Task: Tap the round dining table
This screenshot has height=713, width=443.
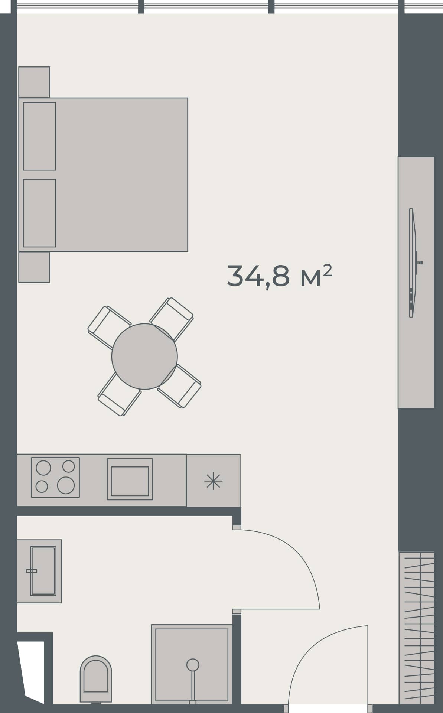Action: point(144,356)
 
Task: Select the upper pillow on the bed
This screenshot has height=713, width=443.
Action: point(39,136)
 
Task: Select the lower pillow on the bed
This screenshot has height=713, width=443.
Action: point(39,213)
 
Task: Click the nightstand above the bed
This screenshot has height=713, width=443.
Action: point(34,82)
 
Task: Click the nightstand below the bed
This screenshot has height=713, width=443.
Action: point(34,267)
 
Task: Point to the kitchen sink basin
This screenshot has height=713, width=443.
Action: point(130,481)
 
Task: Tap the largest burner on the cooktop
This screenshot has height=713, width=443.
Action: point(66,485)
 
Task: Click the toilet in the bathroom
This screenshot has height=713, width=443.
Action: point(96,679)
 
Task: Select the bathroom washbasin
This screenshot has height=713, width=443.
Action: point(43,571)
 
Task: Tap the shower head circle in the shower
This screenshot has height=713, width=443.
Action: point(193,665)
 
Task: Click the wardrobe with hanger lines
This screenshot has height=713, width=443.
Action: point(417,628)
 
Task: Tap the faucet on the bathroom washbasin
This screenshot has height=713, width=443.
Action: point(32,571)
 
